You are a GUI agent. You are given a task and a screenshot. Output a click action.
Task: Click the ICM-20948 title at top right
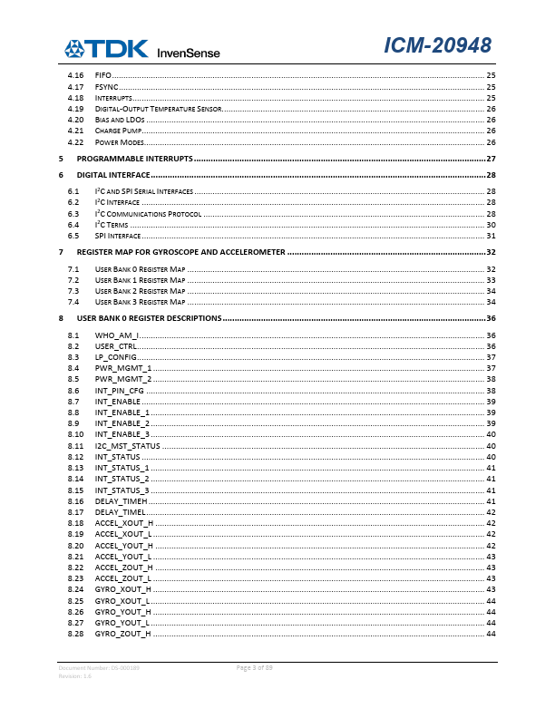tap(438, 46)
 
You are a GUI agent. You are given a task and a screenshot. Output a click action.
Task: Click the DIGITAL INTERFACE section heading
tap(113, 174)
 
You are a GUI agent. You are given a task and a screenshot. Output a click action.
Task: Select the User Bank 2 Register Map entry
tap(140, 291)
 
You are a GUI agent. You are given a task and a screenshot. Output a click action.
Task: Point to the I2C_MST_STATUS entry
tap(127, 445)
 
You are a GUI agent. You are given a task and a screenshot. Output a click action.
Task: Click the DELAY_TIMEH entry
tap(121, 500)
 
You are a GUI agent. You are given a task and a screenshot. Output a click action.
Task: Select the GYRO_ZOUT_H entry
tap(122, 634)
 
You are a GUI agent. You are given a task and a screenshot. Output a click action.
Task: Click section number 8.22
tap(76, 567)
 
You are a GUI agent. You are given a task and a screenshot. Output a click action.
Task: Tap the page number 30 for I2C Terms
tap(491, 224)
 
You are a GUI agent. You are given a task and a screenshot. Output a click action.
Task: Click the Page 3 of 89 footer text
tap(255, 668)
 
